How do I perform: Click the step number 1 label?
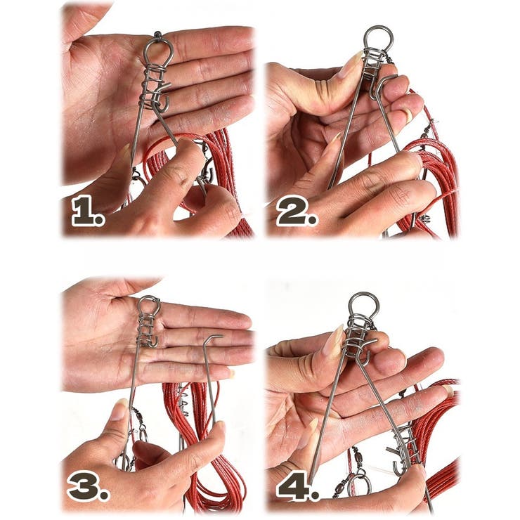88,210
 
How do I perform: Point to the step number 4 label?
297,483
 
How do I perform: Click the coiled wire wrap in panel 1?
153,87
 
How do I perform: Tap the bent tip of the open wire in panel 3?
213,337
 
